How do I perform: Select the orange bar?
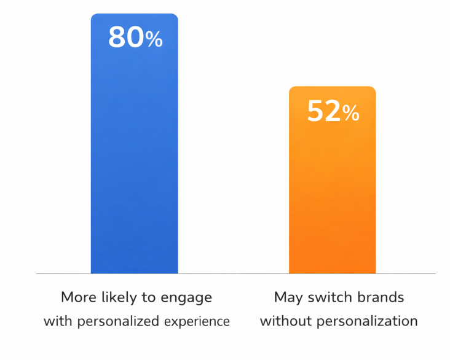pyautogui.click(x=332, y=197)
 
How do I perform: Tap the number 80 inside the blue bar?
pyautogui.click(x=126, y=38)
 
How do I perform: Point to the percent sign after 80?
pyautogui.click(x=154, y=40)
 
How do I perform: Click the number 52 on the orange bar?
pyautogui.click(x=324, y=112)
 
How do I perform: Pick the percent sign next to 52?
pyautogui.click(x=351, y=113)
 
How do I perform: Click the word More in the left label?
pyautogui.click(x=79, y=297)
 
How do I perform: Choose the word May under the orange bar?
pyautogui.click(x=288, y=298)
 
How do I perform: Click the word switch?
pyautogui.click(x=329, y=297)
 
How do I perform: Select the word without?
pyautogui.click(x=285, y=321)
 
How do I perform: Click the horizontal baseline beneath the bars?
pyautogui.click(x=234, y=273)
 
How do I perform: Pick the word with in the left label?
pyautogui.click(x=57, y=321)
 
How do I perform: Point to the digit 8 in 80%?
pyautogui.click(x=117, y=38)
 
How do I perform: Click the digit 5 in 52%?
pyautogui.click(x=315, y=112)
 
